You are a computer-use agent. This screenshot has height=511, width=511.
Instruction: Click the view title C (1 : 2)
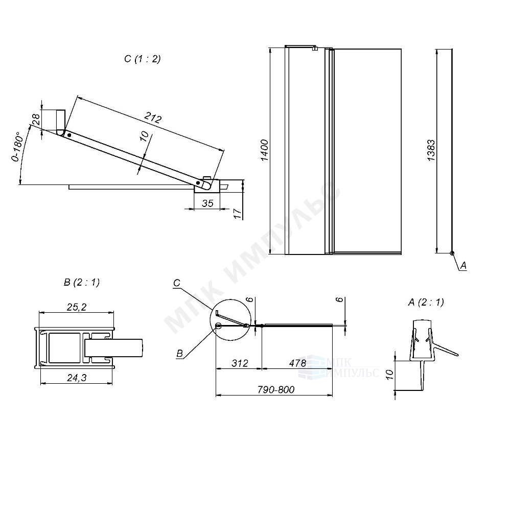(x=142, y=59)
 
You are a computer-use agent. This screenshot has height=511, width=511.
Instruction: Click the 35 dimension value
(x=207, y=203)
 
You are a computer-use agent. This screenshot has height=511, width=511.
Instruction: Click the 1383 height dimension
(x=432, y=150)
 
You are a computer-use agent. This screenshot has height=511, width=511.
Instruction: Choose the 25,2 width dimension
(x=76, y=307)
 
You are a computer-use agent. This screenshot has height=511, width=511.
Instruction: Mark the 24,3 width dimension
(x=76, y=378)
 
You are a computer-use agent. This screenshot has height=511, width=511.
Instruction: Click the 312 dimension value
(x=239, y=363)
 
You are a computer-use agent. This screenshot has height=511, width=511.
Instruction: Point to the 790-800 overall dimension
(x=276, y=389)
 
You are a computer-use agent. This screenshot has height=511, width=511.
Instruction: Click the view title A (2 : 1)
(x=426, y=302)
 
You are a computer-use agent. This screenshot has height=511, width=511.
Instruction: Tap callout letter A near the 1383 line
(x=463, y=265)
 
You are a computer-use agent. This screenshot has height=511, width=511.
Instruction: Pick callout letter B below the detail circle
(x=178, y=353)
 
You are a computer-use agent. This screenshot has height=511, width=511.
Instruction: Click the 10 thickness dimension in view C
(x=144, y=136)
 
